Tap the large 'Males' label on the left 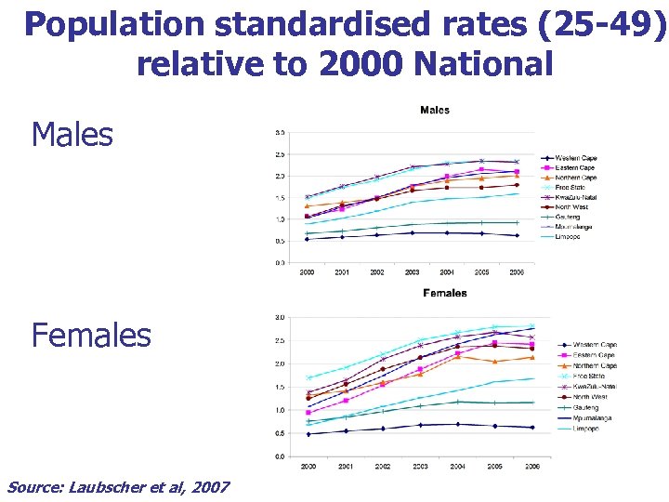coord(72,136)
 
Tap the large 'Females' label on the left coord(91,335)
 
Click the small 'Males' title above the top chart coord(435,111)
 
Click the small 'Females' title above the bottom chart coord(445,293)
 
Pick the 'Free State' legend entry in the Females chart coord(592,376)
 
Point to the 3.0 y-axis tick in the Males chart coord(280,132)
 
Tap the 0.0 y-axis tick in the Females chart coord(280,456)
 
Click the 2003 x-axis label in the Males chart coord(412,273)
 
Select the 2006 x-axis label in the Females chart coord(530,467)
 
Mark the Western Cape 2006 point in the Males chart coord(517,235)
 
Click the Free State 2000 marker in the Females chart coord(308,377)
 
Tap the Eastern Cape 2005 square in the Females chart coord(495,343)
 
